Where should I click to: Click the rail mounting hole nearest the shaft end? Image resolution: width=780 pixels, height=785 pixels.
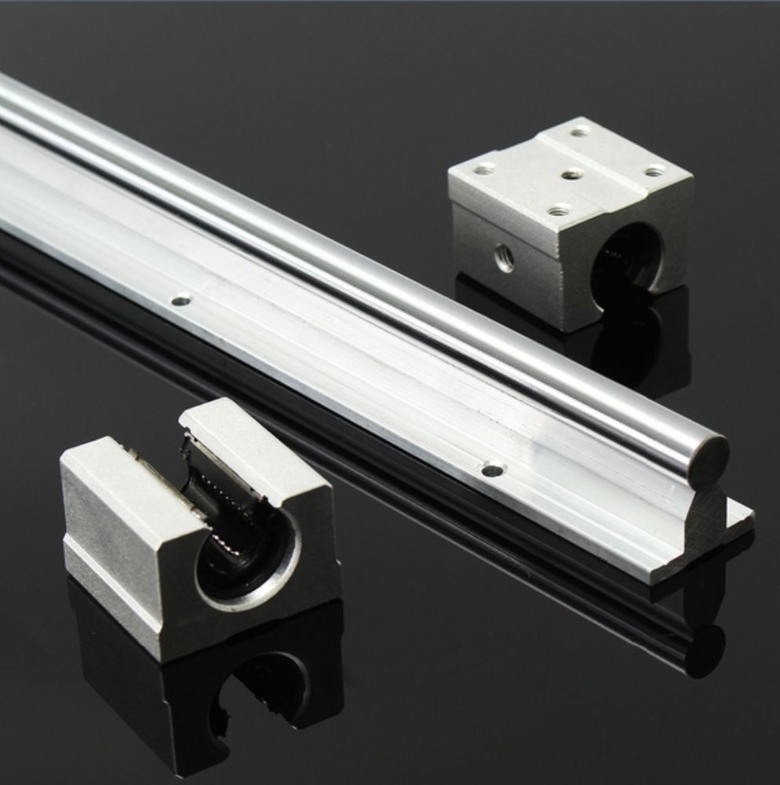(492, 470)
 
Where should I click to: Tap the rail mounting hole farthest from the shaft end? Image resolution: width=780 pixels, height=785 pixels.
(181, 299)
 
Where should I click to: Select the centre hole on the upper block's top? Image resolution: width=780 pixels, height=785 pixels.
(572, 173)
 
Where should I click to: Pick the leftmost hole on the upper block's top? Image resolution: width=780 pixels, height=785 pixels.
(484, 168)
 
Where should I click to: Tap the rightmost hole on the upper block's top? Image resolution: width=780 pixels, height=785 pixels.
(654, 171)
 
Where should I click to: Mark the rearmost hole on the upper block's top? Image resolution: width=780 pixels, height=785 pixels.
(580, 132)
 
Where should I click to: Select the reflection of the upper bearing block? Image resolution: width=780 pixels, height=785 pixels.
(628, 345)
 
